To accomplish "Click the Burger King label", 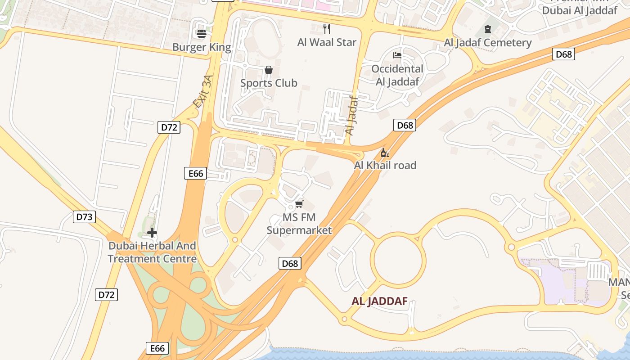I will point(202,47).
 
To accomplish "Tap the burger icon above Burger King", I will point(202,33).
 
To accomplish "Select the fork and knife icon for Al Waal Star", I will point(327,29).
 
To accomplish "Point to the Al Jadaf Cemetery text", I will point(488,43).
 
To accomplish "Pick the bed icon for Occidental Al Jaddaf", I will point(397,55).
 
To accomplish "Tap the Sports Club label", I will point(269,83).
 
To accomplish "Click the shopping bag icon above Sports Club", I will point(269,70).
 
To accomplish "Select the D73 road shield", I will point(84,217).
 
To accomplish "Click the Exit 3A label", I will point(202,92).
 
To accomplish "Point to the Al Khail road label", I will point(385,165).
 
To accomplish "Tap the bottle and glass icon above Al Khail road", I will point(385,153).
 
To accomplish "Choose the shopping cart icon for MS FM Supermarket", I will point(299,204).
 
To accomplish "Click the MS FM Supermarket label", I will point(299,224).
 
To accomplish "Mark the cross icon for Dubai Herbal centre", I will point(152,233).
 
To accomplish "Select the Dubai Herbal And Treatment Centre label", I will point(152,252).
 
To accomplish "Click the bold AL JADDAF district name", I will point(379,301).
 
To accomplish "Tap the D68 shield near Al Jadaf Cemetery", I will point(563,54).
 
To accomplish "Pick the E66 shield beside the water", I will point(157,348).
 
